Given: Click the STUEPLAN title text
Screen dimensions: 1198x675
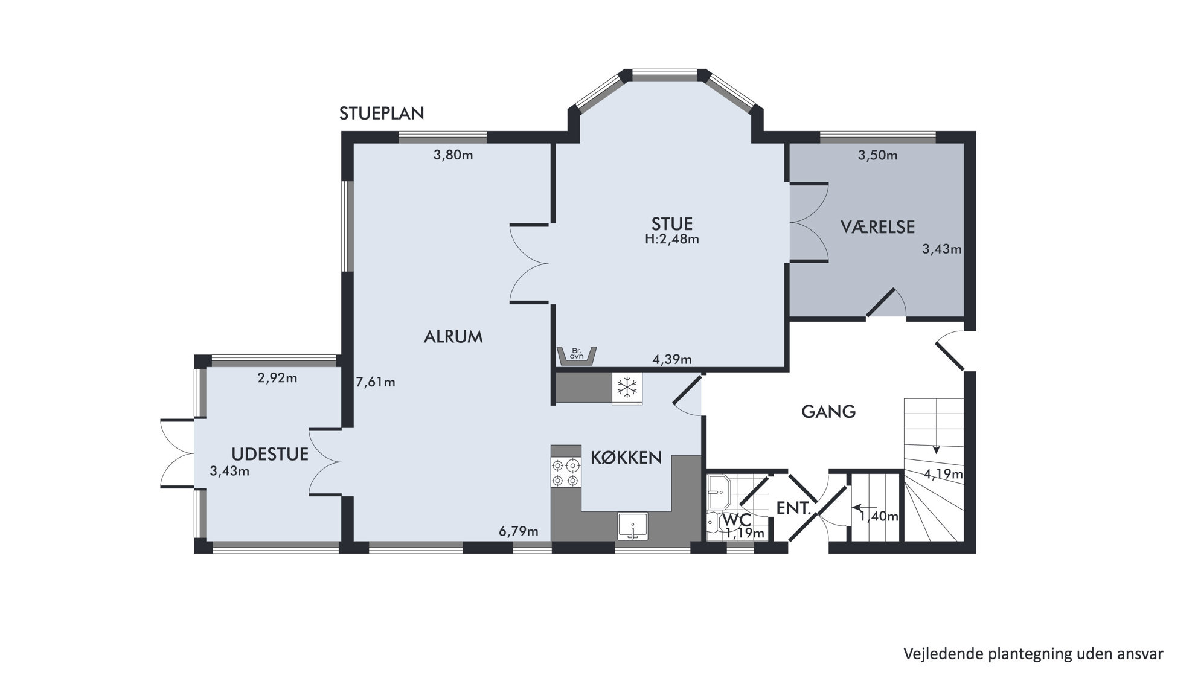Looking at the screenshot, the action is click(382, 114).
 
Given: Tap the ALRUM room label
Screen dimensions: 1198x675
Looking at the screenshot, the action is click(453, 337).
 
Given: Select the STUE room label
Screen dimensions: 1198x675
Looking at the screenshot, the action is click(671, 224).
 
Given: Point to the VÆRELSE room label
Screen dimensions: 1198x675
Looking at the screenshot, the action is click(878, 227).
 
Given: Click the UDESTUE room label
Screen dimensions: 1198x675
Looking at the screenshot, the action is click(270, 454).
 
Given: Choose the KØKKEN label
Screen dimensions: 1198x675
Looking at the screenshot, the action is click(626, 457).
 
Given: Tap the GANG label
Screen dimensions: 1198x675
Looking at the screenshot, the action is click(828, 412).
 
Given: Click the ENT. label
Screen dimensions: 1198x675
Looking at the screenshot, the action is click(793, 508).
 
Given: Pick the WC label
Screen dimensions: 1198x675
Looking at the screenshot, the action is click(737, 520).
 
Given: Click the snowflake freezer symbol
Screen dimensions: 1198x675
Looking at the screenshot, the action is click(627, 387).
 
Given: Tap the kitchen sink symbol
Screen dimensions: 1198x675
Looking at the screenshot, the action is click(632, 525).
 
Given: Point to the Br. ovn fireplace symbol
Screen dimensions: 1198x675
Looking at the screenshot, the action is click(577, 356).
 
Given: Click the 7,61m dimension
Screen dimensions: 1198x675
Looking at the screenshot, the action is click(376, 382).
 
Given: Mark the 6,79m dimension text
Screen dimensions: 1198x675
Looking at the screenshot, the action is click(518, 532).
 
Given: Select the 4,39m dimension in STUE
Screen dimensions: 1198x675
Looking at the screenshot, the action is click(672, 360).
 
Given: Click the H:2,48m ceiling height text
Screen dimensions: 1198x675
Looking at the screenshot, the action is click(672, 239).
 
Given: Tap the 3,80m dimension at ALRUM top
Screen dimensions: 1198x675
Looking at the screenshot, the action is click(453, 155).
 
